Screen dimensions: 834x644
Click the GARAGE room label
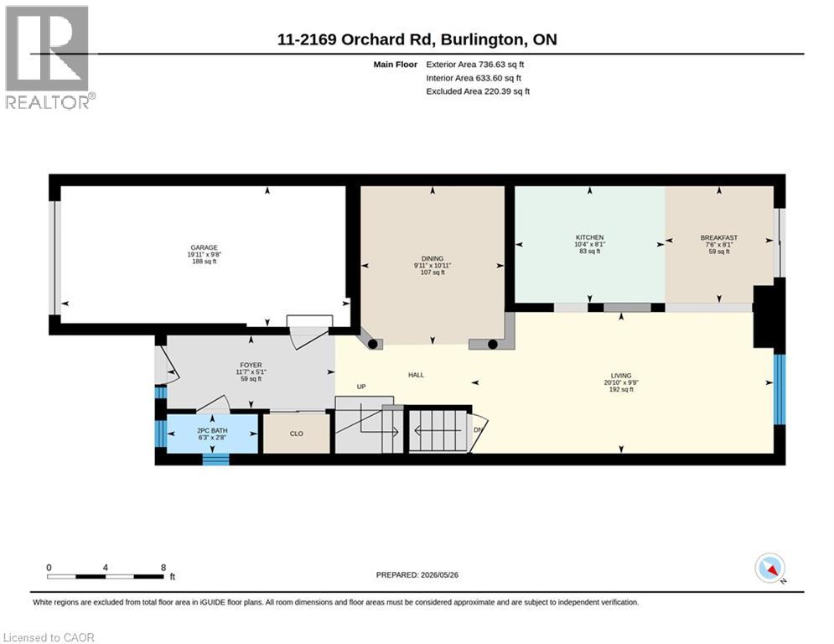[x=205, y=247]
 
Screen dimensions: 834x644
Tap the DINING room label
[x=433, y=258]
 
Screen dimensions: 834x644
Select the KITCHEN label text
[x=590, y=237]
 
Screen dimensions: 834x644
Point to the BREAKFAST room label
[x=719, y=238]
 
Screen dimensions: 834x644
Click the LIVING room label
[x=621, y=376]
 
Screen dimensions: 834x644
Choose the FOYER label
[x=251, y=366]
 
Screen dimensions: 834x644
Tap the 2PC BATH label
[x=212, y=430]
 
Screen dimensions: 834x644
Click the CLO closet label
[x=297, y=434]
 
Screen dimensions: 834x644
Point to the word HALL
[x=416, y=375]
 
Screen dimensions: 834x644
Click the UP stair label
[x=361, y=387]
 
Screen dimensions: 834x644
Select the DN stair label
[x=478, y=430]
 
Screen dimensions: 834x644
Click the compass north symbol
[x=769, y=569]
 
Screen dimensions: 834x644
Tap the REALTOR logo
[x=49, y=58]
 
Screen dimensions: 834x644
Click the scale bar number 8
[x=163, y=568]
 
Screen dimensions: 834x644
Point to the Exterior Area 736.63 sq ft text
[x=475, y=65]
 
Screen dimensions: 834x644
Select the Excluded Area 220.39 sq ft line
[x=478, y=91]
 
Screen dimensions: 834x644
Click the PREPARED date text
[x=417, y=574]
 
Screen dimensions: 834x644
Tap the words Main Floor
[x=395, y=65]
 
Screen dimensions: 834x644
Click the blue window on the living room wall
[x=780, y=389]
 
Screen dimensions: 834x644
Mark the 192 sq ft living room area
[x=621, y=390]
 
